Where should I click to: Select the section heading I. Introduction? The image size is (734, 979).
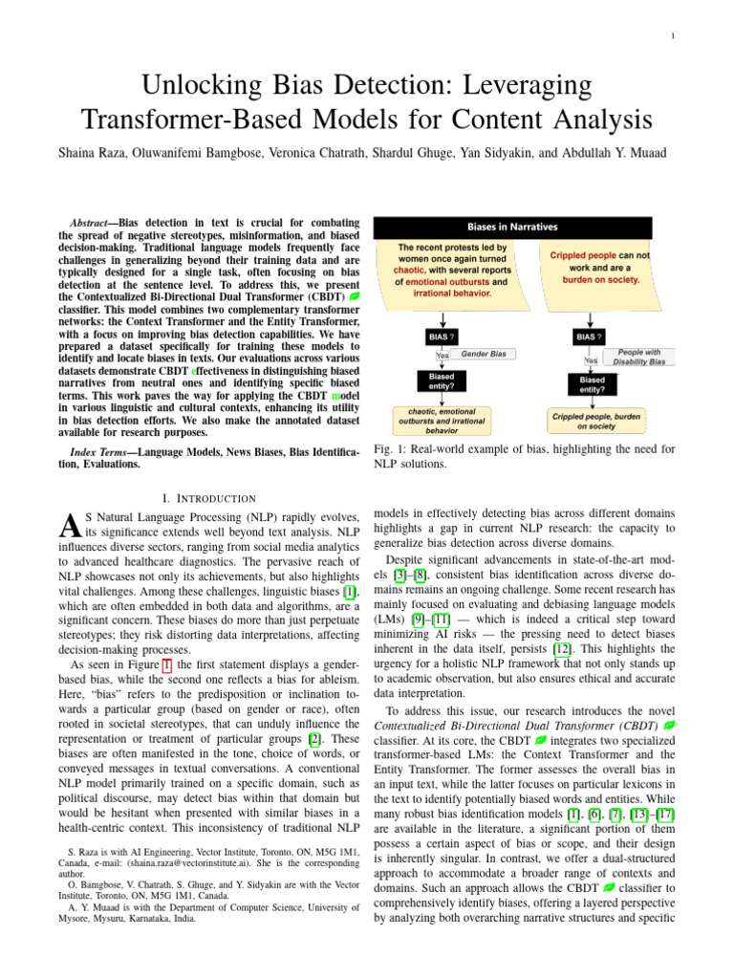(x=210, y=498)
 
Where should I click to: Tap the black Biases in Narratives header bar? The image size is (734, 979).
(x=512, y=227)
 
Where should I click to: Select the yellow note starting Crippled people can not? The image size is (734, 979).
(x=598, y=269)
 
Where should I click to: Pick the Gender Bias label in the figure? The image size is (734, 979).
(x=483, y=354)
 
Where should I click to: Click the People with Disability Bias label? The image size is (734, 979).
(x=637, y=358)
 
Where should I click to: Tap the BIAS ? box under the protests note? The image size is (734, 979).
(x=441, y=337)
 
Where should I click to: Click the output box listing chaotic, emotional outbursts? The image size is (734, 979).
(x=442, y=419)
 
